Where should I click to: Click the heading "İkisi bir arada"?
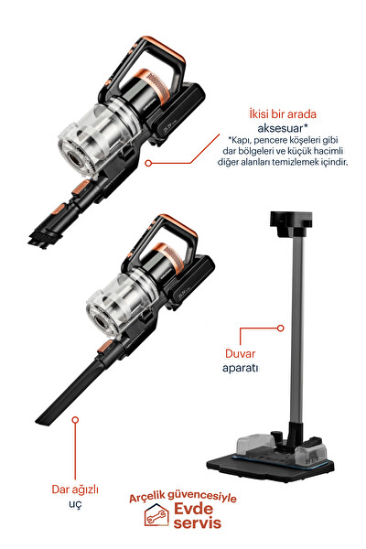pyautogui.click(x=283, y=114)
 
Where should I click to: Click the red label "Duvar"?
pyautogui.click(x=241, y=353)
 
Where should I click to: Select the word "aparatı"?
pyautogui.click(x=241, y=368)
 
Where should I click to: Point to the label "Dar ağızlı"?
pyautogui.click(x=75, y=490)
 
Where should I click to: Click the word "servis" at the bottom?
pyautogui.click(x=198, y=522)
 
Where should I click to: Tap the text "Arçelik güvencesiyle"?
pyautogui.click(x=182, y=497)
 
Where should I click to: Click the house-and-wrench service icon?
pyautogui.click(x=156, y=516)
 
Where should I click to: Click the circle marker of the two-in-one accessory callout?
pyautogui.click(x=148, y=163)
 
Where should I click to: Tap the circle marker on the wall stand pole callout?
pyautogui.click(x=280, y=328)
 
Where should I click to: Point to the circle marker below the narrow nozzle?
pyautogui.click(x=75, y=419)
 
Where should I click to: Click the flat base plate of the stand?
pyautogui.click(x=270, y=467)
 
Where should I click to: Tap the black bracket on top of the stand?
pyautogui.click(x=290, y=223)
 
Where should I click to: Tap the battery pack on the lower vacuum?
pyautogui.click(x=189, y=284)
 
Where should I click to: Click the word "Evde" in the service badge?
pyautogui.click(x=194, y=509)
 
